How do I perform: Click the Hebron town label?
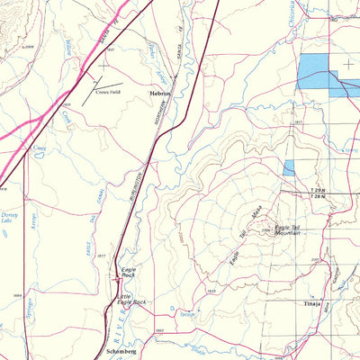point(160,92)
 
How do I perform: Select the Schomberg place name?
point(120,350)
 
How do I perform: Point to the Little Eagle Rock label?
point(128,301)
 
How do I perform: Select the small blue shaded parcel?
point(288,167)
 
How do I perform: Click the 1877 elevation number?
point(102,256)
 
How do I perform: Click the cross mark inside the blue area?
point(347,64)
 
